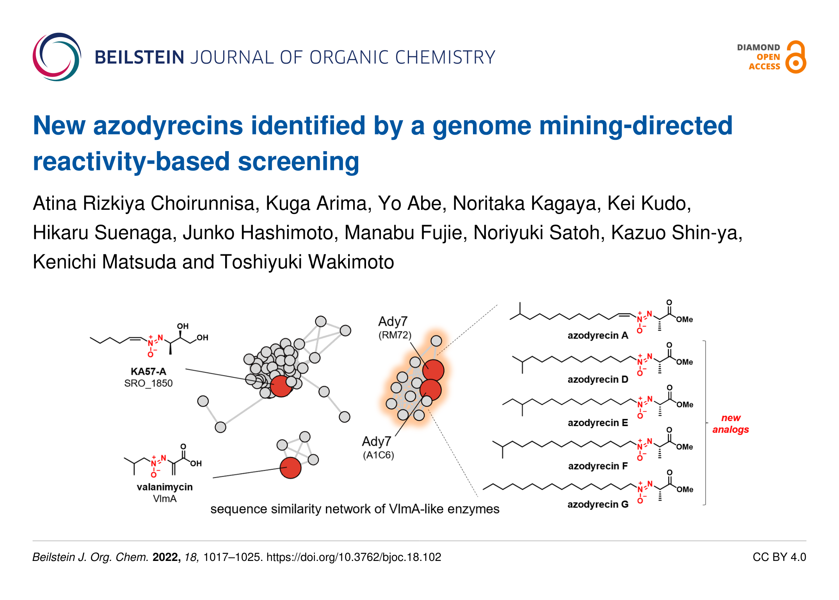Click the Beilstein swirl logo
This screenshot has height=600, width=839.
click(x=57, y=57)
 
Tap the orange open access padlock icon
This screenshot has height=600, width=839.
click(x=796, y=57)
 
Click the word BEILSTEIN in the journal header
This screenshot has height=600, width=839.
click(x=139, y=57)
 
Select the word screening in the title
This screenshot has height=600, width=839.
click(x=299, y=162)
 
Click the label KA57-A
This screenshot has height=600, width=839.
click(x=148, y=371)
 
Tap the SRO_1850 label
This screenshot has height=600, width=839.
click(x=148, y=383)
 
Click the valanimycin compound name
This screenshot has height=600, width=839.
click(x=165, y=487)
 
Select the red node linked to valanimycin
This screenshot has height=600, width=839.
click(x=290, y=468)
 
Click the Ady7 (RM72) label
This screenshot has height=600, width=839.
click(x=395, y=327)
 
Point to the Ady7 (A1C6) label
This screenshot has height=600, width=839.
click(x=378, y=448)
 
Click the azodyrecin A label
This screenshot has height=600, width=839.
click(x=598, y=336)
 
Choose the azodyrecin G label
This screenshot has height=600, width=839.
click(x=598, y=504)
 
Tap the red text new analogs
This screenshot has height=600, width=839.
click(x=731, y=423)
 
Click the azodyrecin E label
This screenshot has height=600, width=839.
click(x=598, y=423)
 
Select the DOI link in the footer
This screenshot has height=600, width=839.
click(x=354, y=557)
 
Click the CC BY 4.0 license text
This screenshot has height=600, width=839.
click(x=779, y=557)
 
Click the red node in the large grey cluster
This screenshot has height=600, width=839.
click(x=281, y=386)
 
